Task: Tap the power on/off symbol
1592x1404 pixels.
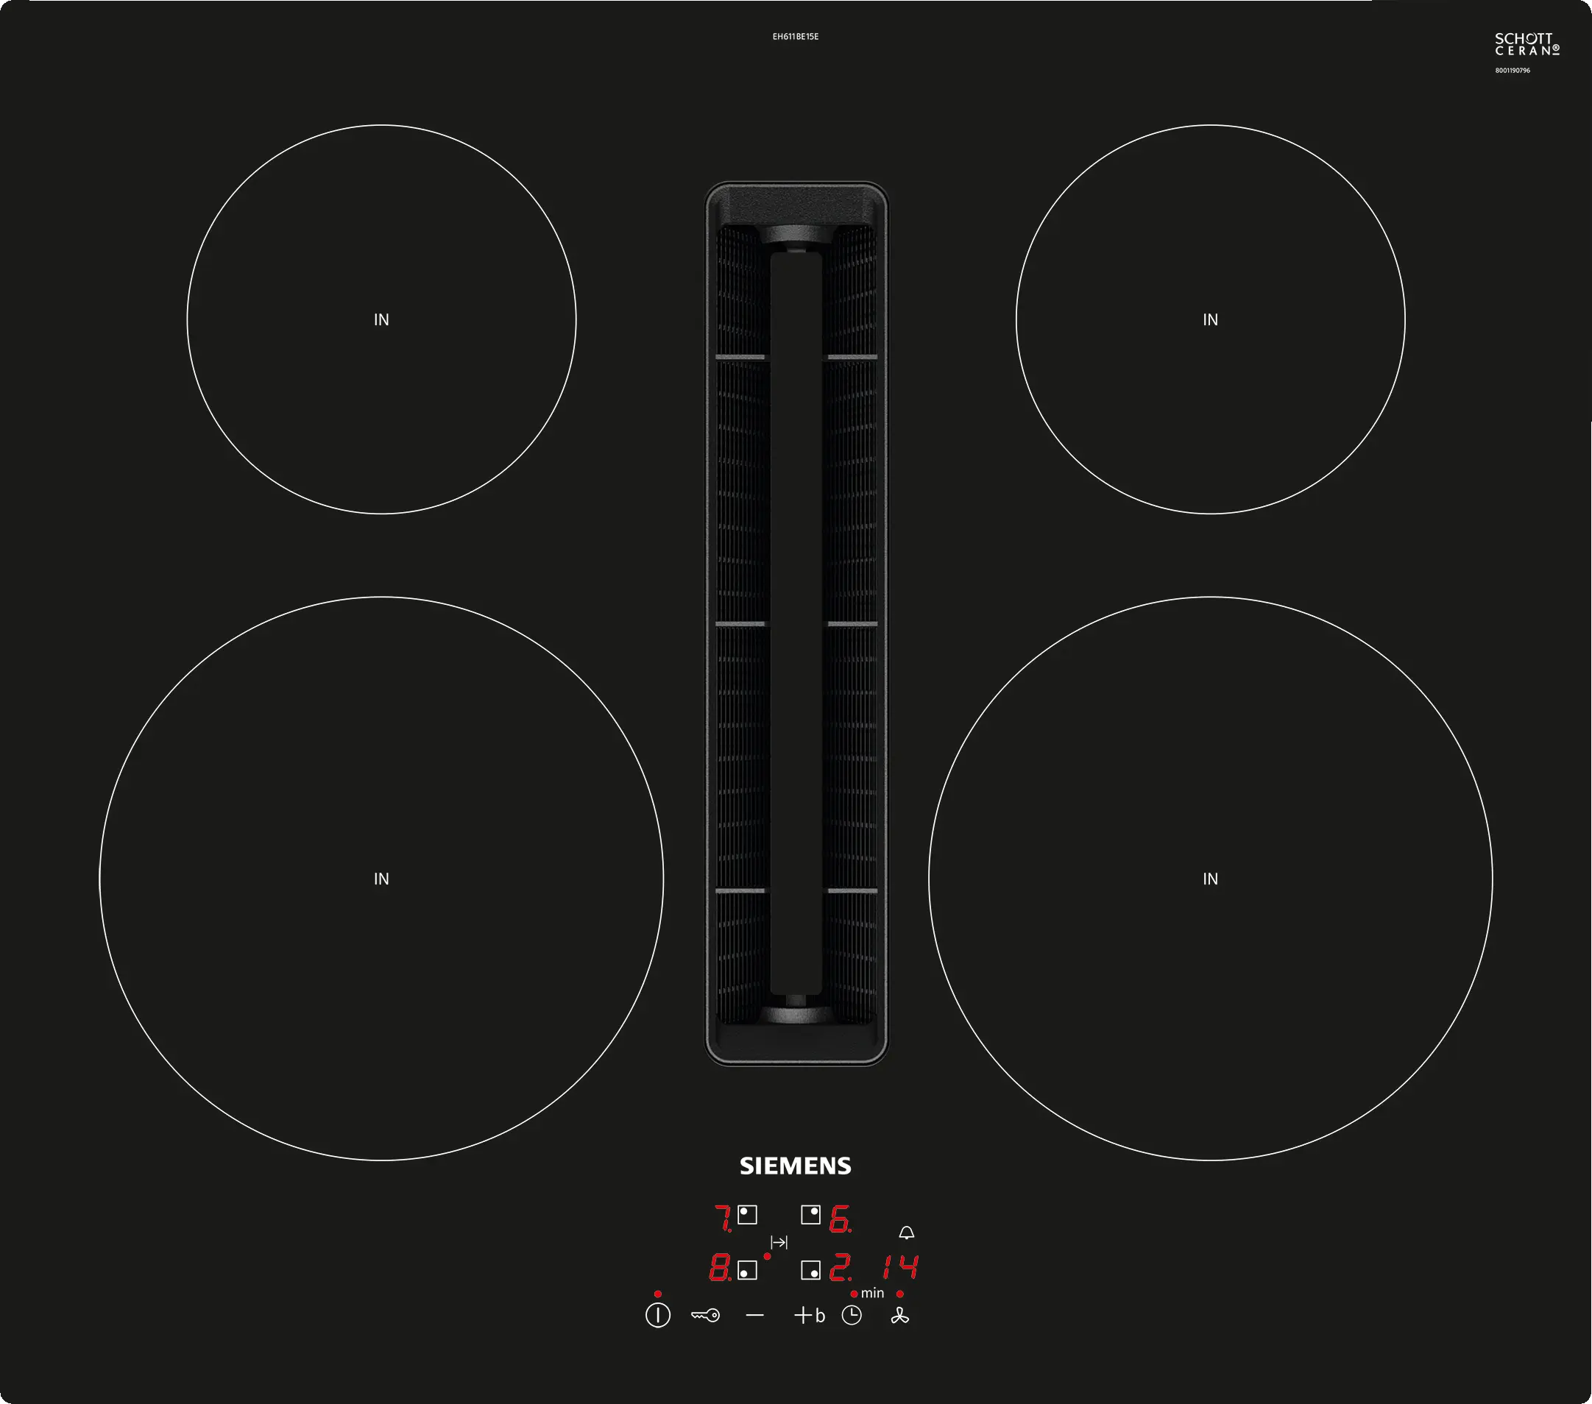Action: [657, 1315]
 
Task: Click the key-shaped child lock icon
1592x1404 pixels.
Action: [706, 1315]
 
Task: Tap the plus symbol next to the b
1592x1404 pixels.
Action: [803, 1315]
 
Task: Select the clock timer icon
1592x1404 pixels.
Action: [852, 1315]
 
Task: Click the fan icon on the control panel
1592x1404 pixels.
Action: [900, 1315]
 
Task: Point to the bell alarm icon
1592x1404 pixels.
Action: [907, 1233]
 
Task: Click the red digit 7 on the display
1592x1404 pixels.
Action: [723, 1218]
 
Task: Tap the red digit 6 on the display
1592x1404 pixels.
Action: [840, 1219]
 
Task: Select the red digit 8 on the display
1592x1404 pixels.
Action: [719, 1268]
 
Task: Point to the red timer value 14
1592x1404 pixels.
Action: [900, 1267]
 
